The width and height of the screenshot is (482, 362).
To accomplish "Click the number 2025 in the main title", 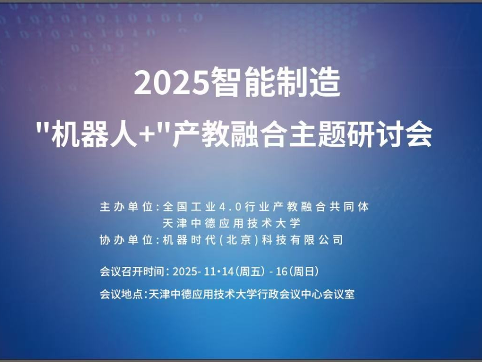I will pyautogui.click(x=170, y=84).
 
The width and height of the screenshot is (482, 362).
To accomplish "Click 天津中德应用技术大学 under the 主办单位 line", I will pyautogui.click(x=231, y=223).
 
